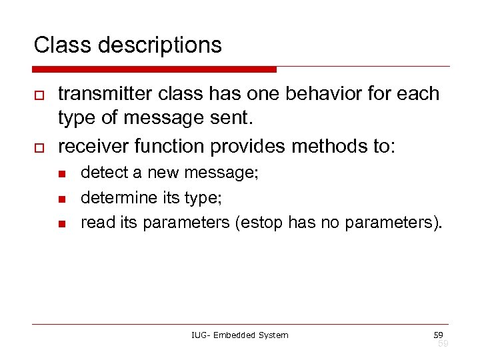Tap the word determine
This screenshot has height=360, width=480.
[x=117, y=198]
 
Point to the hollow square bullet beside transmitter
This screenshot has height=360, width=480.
[x=38, y=95]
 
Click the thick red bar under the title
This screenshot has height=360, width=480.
[x=154, y=69]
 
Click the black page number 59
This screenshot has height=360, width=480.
[x=437, y=334]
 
